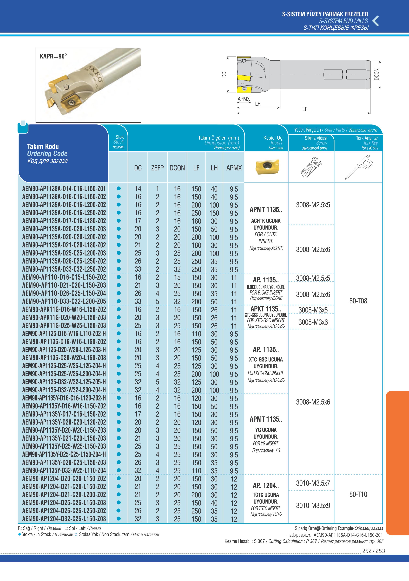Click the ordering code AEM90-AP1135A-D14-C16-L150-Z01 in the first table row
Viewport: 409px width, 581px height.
click(64, 189)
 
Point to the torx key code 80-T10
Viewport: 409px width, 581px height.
click(358, 494)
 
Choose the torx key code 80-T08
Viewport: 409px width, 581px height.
click(358, 301)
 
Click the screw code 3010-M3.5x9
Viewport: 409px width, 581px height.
click(313, 505)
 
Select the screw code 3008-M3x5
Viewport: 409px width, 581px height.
click(313, 310)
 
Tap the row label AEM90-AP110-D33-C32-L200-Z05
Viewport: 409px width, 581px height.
click(64, 301)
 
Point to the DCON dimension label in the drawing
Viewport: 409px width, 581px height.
click(376, 74)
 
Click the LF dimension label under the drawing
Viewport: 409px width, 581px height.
click(305, 109)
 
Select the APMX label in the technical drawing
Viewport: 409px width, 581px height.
click(244, 99)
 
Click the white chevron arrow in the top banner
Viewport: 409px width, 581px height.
click(376, 21)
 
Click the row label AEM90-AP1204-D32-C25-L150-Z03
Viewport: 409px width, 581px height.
click(64, 519)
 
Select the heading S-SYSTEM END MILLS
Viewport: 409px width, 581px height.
click(343, 21)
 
